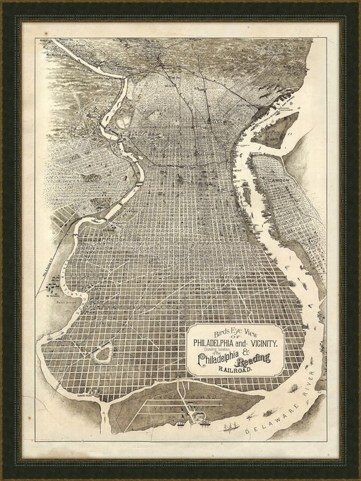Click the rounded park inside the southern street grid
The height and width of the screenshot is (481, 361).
pyautogui.click(x=104, y=354)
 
